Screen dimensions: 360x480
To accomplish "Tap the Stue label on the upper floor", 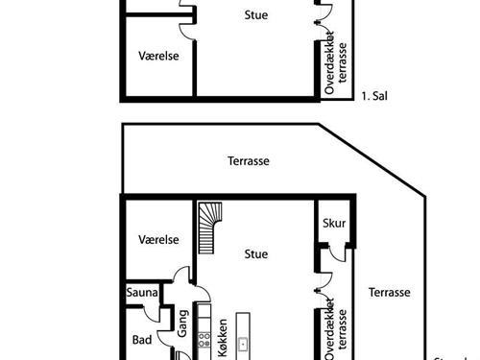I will coord(255,15).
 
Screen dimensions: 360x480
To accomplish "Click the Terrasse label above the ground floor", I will coord(248,162).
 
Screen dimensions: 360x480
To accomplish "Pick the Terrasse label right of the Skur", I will coord(391,293).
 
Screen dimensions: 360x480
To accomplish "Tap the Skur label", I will coord(334,223).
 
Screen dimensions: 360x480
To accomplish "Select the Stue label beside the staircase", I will coord(255,254).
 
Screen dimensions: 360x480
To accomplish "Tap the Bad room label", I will coord(140,339).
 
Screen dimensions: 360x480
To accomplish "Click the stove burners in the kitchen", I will coord(204,339).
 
